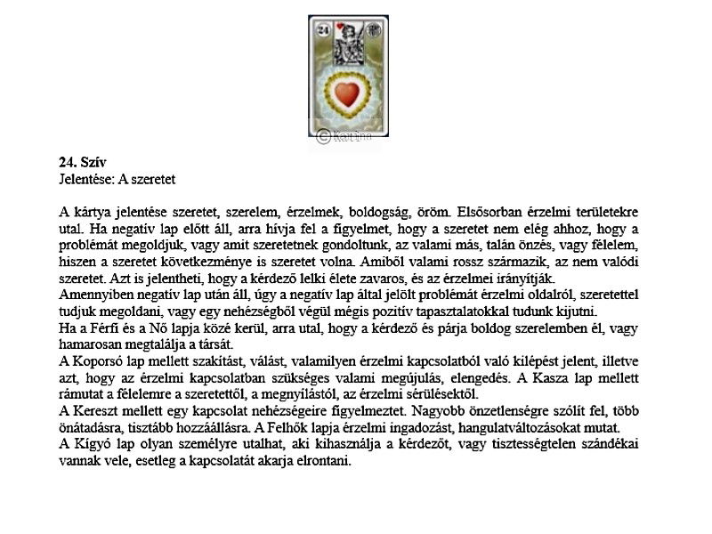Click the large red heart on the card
pos(349,93)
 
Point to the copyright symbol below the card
pos(323,135)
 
